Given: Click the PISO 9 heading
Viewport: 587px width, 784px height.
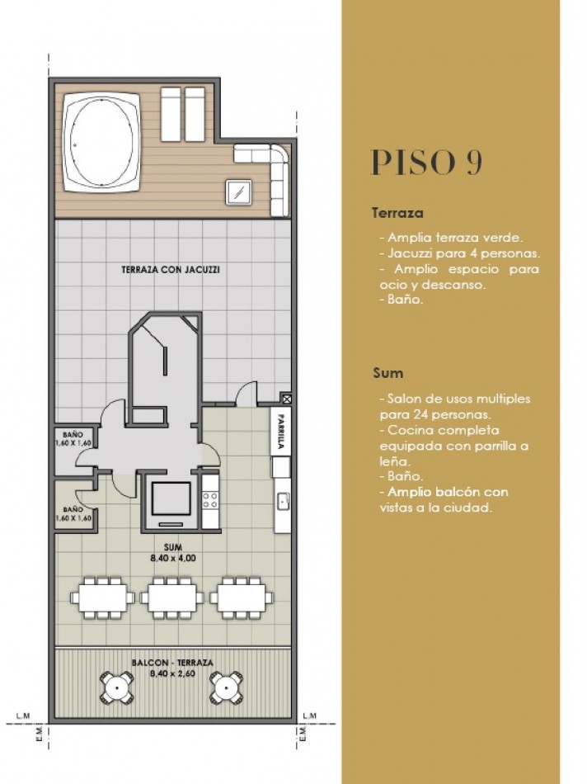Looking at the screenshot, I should pyautogui.click(x=426, y=163).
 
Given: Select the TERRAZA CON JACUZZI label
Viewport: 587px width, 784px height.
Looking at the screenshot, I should pyautogui.click(x=171, y=269).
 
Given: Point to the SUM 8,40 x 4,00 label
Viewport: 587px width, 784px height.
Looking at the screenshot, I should pyautogui.click(x=172, y=553).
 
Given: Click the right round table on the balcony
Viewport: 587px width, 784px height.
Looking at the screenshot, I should pyautogui.click(x=225, y=686).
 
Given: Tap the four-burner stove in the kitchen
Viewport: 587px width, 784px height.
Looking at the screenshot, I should pyautogui.click(x=209, y=498).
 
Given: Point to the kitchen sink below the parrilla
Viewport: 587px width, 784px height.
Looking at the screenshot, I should pyautogui.click(x=282, y=500).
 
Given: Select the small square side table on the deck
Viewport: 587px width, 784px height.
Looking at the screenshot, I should pyautogui.click(x=238, y=191).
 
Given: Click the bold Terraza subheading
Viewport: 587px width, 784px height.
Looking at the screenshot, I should pyautogui.click(x=397, y=213).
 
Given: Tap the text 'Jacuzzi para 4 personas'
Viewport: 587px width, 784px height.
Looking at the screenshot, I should pyautogui.click(x=459, y=253).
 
